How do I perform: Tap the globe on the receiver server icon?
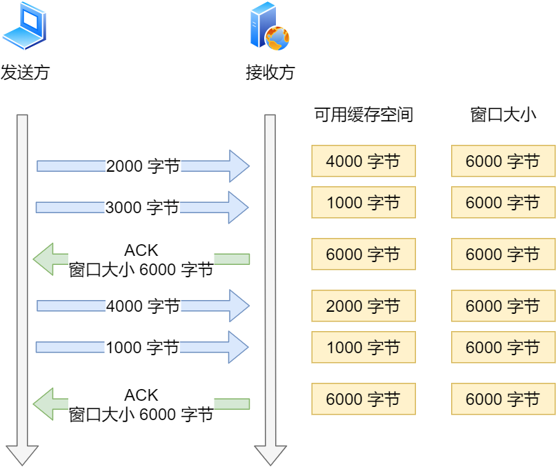coord(277,37)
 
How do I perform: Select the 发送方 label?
coord(26,72)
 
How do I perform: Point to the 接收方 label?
coord(270,72)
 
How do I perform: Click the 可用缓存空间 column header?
coord(364,115)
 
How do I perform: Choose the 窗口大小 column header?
coord(503,115)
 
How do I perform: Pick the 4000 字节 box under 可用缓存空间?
coord(364,161)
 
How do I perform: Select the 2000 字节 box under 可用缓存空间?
coord(364,306)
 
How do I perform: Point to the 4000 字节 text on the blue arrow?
coord(143,306)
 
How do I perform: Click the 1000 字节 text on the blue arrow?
coord(142,347)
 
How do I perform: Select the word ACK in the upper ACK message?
coord(141,250)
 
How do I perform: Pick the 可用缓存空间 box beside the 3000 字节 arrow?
coord(364,203)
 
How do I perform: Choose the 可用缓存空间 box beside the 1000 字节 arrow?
coord(364,347)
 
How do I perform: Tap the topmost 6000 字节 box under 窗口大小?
coord(503,161)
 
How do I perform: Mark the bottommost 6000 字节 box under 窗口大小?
coord(503,399)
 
